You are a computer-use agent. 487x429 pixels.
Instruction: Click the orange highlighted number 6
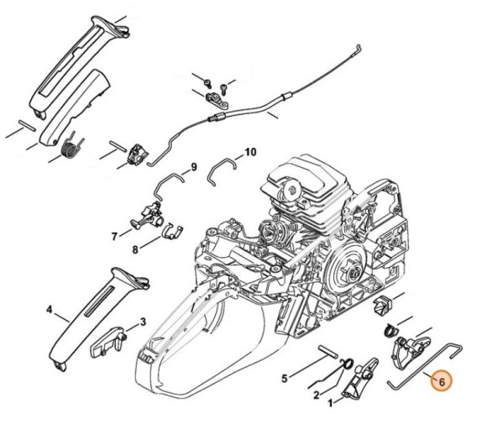point(442,381)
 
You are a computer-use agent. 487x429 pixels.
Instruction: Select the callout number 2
point(315,395)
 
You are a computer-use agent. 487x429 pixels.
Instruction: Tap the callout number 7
point(114,237)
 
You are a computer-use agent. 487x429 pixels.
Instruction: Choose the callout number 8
point(135,249)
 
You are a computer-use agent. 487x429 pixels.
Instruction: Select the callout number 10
point(250,153)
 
